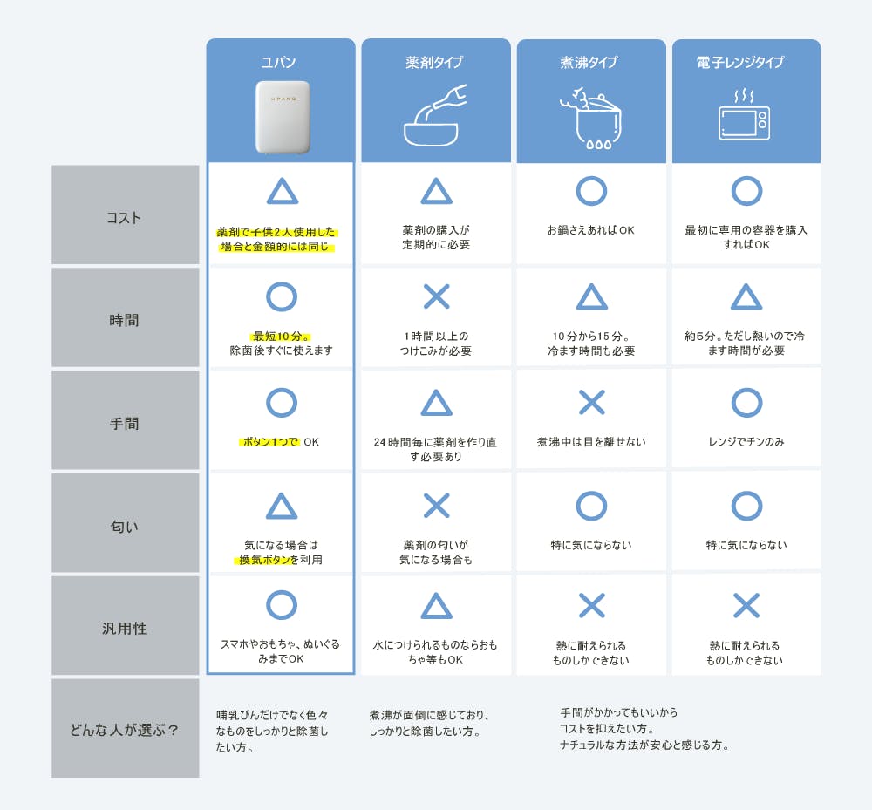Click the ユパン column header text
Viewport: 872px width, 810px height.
click(x=279, y=62)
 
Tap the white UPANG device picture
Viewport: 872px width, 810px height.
click(x=283, y=117)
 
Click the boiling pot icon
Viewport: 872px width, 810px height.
click(x=590, y=118)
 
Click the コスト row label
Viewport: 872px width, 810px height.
click(x=124, y=217)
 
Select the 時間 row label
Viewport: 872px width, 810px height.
click(x=124, y=320)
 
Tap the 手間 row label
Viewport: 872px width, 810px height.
click(x=124, y=424)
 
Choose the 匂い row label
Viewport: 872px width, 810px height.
click(x=124, y=526)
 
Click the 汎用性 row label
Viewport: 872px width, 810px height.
click(x=125, y=629)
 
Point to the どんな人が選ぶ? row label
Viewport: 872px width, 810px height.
click(x=124, y=730)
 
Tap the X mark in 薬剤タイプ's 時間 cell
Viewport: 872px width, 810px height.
click(x=437, y=296)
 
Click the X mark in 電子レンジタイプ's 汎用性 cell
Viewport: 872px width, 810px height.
click(x=746, y=606)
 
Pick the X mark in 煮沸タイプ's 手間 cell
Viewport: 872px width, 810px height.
click(x=592, y=403)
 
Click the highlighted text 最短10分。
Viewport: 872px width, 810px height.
click(x=281, y=337)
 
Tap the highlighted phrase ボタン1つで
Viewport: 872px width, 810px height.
click(x=270, y=442)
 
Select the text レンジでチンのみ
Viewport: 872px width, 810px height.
click(x=746, y=442)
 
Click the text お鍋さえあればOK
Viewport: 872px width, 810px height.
click(x=590, y=230)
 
